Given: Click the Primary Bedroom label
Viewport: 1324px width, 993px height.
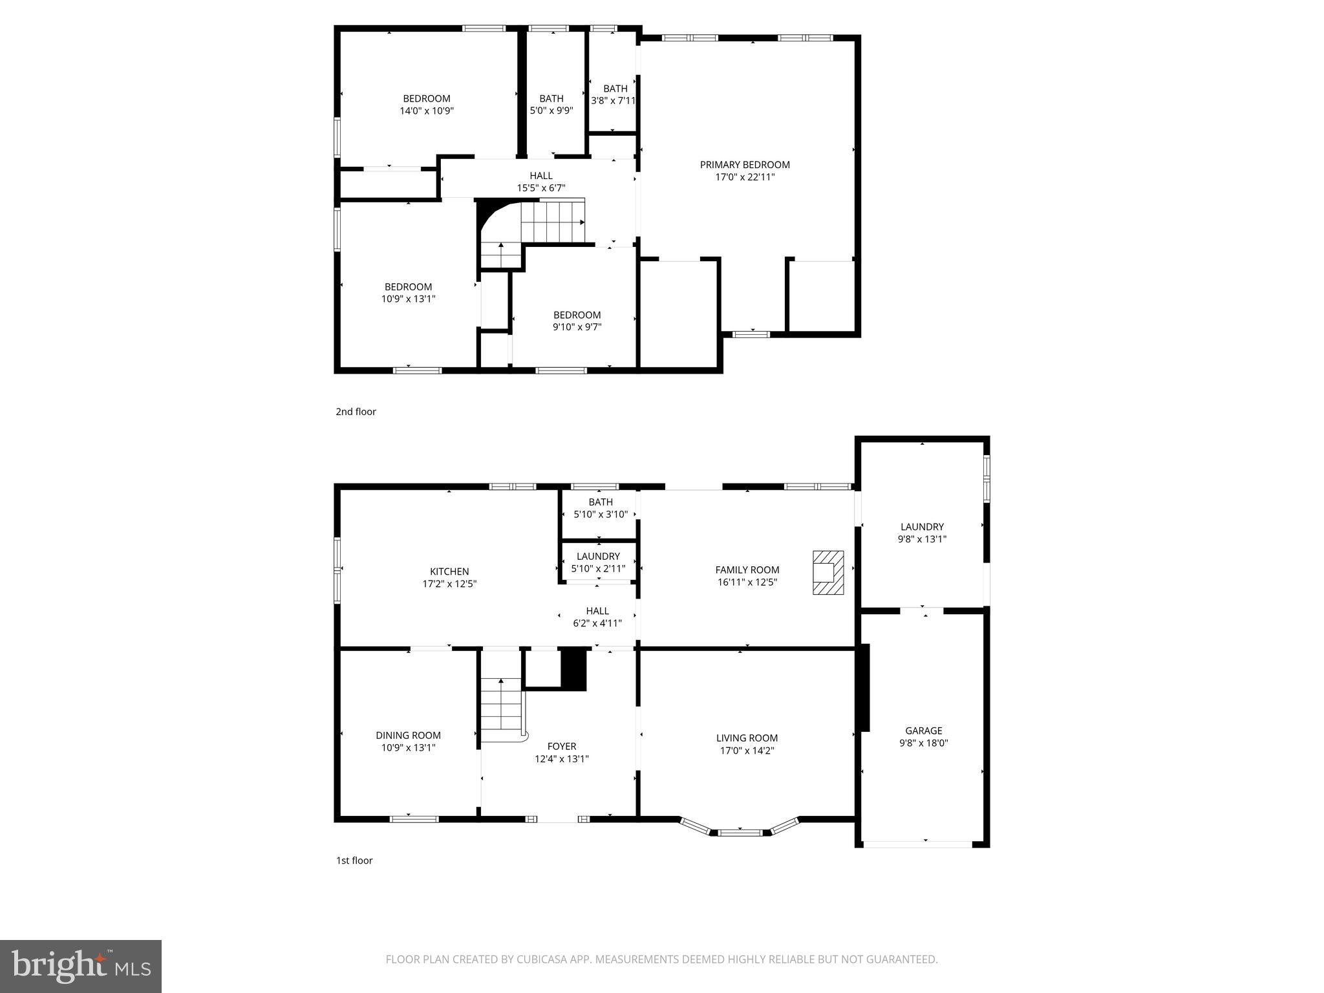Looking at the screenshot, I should click(745, 165).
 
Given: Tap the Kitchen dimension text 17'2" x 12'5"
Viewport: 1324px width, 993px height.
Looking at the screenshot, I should click(449, 584).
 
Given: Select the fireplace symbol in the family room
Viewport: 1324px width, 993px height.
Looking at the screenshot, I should click(827, 572).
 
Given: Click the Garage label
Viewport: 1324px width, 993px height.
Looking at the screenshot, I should click(923, 731).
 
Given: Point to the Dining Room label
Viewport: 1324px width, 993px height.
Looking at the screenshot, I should click(408, 735).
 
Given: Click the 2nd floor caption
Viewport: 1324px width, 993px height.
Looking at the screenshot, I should click(356, 412).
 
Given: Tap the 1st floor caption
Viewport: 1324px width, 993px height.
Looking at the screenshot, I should click(354, 860).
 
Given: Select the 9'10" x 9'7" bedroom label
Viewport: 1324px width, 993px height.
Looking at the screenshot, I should click(577, 315).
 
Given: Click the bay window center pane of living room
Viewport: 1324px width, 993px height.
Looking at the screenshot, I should click(740, 833).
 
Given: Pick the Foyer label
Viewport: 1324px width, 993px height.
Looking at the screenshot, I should click(561, 746).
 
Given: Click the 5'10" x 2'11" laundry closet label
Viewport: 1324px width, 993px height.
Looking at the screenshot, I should click(598, 557).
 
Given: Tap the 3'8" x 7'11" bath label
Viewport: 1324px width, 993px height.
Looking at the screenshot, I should click(615, 89).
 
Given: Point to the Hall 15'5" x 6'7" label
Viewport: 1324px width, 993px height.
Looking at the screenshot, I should click(541, 176).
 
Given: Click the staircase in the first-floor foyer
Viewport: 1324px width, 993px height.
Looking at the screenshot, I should click(501, 708).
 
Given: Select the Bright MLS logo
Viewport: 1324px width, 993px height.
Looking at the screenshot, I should click(81, 966).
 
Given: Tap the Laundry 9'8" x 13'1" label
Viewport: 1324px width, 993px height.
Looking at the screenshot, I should click(922, 527).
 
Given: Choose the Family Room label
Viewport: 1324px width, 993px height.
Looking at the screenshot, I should click(747, 570).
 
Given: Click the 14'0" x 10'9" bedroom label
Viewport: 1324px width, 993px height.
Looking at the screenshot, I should click(426, 99).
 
